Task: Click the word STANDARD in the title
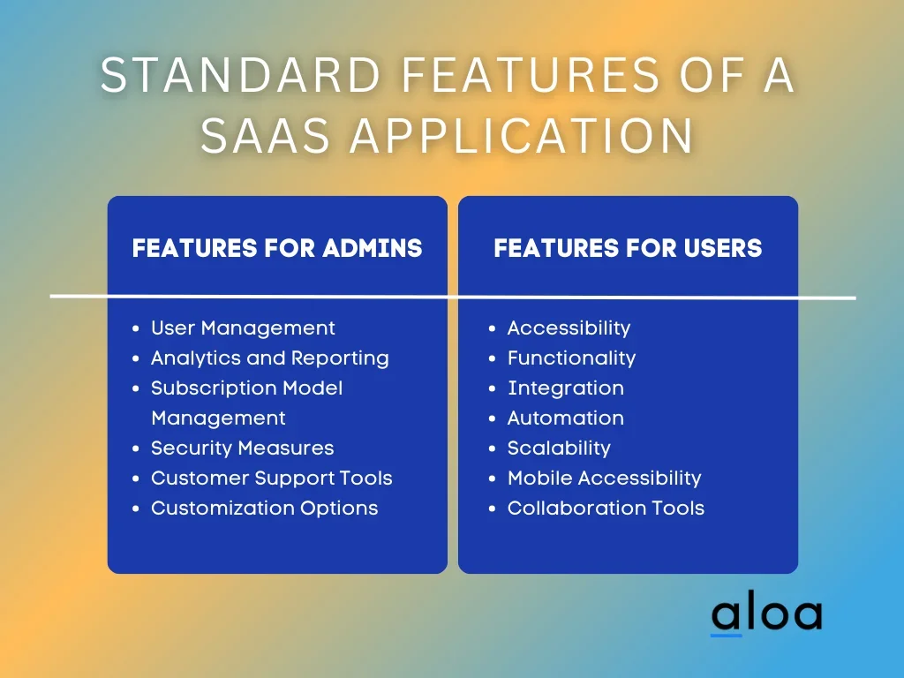coord(240,74)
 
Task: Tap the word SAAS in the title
coord(265,136)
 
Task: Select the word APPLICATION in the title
coord(521,136)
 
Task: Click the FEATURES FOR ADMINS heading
coord(277,248)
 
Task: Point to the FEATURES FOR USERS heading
coord(628,248)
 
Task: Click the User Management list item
coord(243,328)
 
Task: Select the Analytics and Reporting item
coord(270,358)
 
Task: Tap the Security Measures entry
coord(242,448)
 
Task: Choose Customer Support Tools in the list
coord(272,478)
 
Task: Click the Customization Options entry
coord(265,508)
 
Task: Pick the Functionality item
coord(571,358)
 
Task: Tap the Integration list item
coord(566,388)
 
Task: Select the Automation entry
coord(566,418)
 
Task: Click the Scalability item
coord(559,448)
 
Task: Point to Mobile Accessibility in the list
coord(604,478)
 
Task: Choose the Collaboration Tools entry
coord(606,508)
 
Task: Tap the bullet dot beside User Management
coord(135,328)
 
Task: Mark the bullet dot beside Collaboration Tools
coord(492,508)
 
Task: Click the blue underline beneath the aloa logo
coord(726,636)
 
